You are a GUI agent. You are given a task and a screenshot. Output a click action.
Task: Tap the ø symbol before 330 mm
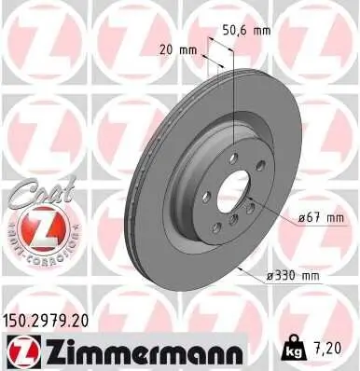pyautogui.click(x=267, y=277)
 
